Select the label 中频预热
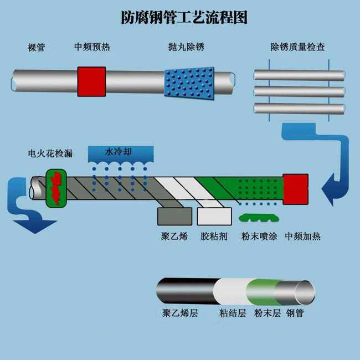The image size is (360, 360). (x=92, y=47)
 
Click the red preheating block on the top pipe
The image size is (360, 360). (x=91, y=81)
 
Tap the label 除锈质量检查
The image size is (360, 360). (x=297, y=47)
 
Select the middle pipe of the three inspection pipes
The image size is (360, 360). (x=299, y=91)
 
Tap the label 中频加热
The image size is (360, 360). (x=302, y=236)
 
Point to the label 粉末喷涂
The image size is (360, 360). (x=258, y=236)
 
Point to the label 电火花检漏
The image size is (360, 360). (x=50, y=152)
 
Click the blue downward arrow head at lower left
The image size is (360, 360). (x=34, y=225)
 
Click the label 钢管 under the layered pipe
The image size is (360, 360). (x=295, y=313)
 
